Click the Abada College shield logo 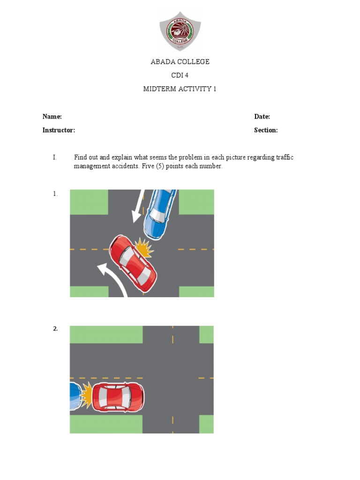180,31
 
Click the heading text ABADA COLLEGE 180,62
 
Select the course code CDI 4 180,75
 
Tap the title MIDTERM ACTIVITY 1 180,89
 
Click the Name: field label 52,117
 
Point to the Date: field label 262,117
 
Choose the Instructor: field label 59,130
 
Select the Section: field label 266,130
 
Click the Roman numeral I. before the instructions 55,157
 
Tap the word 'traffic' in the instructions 284,157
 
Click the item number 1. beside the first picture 55,194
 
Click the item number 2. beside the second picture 55,329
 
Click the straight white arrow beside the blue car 139,206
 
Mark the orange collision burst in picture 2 86,395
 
